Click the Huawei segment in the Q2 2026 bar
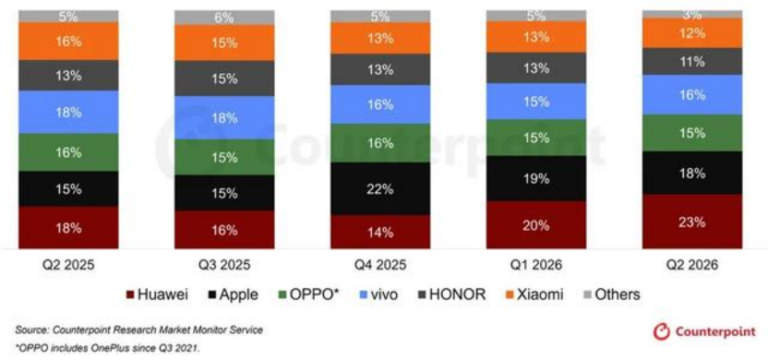[692, 222]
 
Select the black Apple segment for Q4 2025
[380, 188]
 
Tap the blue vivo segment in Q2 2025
[68, 113]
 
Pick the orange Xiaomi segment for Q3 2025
[224, 43]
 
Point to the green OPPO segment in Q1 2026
[535, 138]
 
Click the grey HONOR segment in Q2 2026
[692, 61]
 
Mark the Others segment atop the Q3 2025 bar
[224, 18]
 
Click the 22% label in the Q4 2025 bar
[380, 189]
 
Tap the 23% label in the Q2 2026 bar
[692, 222]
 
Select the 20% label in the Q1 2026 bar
[536, 226]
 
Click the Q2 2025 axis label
[68, 265]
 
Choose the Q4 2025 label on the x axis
[380, 265]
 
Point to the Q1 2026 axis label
[536, 265]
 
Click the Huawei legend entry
[157, 294]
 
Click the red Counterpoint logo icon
[661, 331]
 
